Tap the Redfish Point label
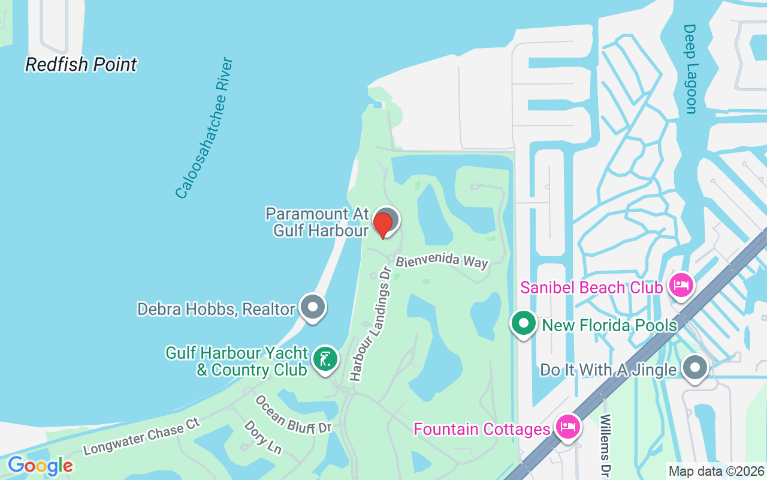81,64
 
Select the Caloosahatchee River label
204,128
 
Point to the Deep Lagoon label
690,68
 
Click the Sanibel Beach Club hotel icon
682,285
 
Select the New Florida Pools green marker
524,323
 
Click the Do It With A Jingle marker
695,367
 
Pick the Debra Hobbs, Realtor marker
312,307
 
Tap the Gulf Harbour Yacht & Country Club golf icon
325,359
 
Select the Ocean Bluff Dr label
293,414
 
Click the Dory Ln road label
262,437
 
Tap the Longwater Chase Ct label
141,437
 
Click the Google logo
40,466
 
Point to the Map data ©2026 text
717,472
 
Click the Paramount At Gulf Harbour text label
317,222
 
